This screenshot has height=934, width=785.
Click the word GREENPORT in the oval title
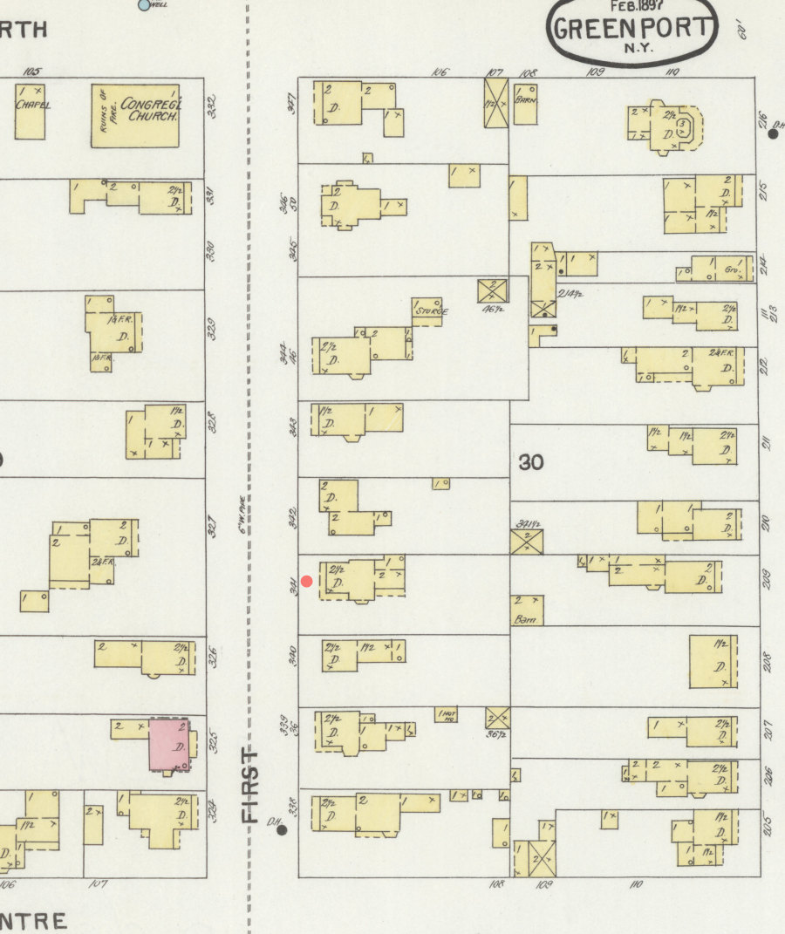(633, 27)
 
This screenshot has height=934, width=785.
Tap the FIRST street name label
(250, 785)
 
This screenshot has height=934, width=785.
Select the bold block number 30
(531, 462)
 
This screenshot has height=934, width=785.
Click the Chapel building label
(32, 105)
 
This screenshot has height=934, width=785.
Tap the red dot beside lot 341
(306, 581)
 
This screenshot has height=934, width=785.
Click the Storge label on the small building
(431, 310)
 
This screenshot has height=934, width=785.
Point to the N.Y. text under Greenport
(638, 47)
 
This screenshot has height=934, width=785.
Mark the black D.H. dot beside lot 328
(282, 830)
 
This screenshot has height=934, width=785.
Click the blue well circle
(145, 4)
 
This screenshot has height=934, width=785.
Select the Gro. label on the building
(731, 271)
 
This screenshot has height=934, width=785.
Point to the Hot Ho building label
(446, 715)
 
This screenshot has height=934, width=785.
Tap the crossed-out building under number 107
(495, 103)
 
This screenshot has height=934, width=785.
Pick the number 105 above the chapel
(33, 72)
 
